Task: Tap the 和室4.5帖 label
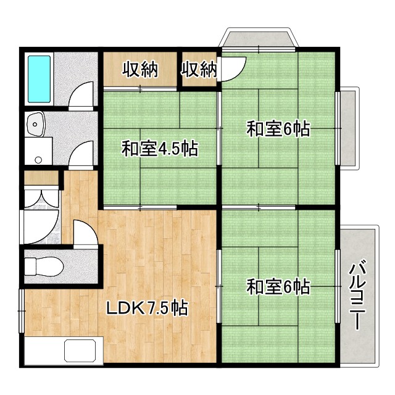tap(159, 149)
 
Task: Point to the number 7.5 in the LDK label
tap(159, 307)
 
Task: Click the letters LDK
tap(126, 307)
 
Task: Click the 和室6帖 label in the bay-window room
tap(278, 130)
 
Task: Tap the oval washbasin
tap(36, 125)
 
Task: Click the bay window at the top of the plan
tap(259, 39)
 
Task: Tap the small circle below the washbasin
tap(38, 160)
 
